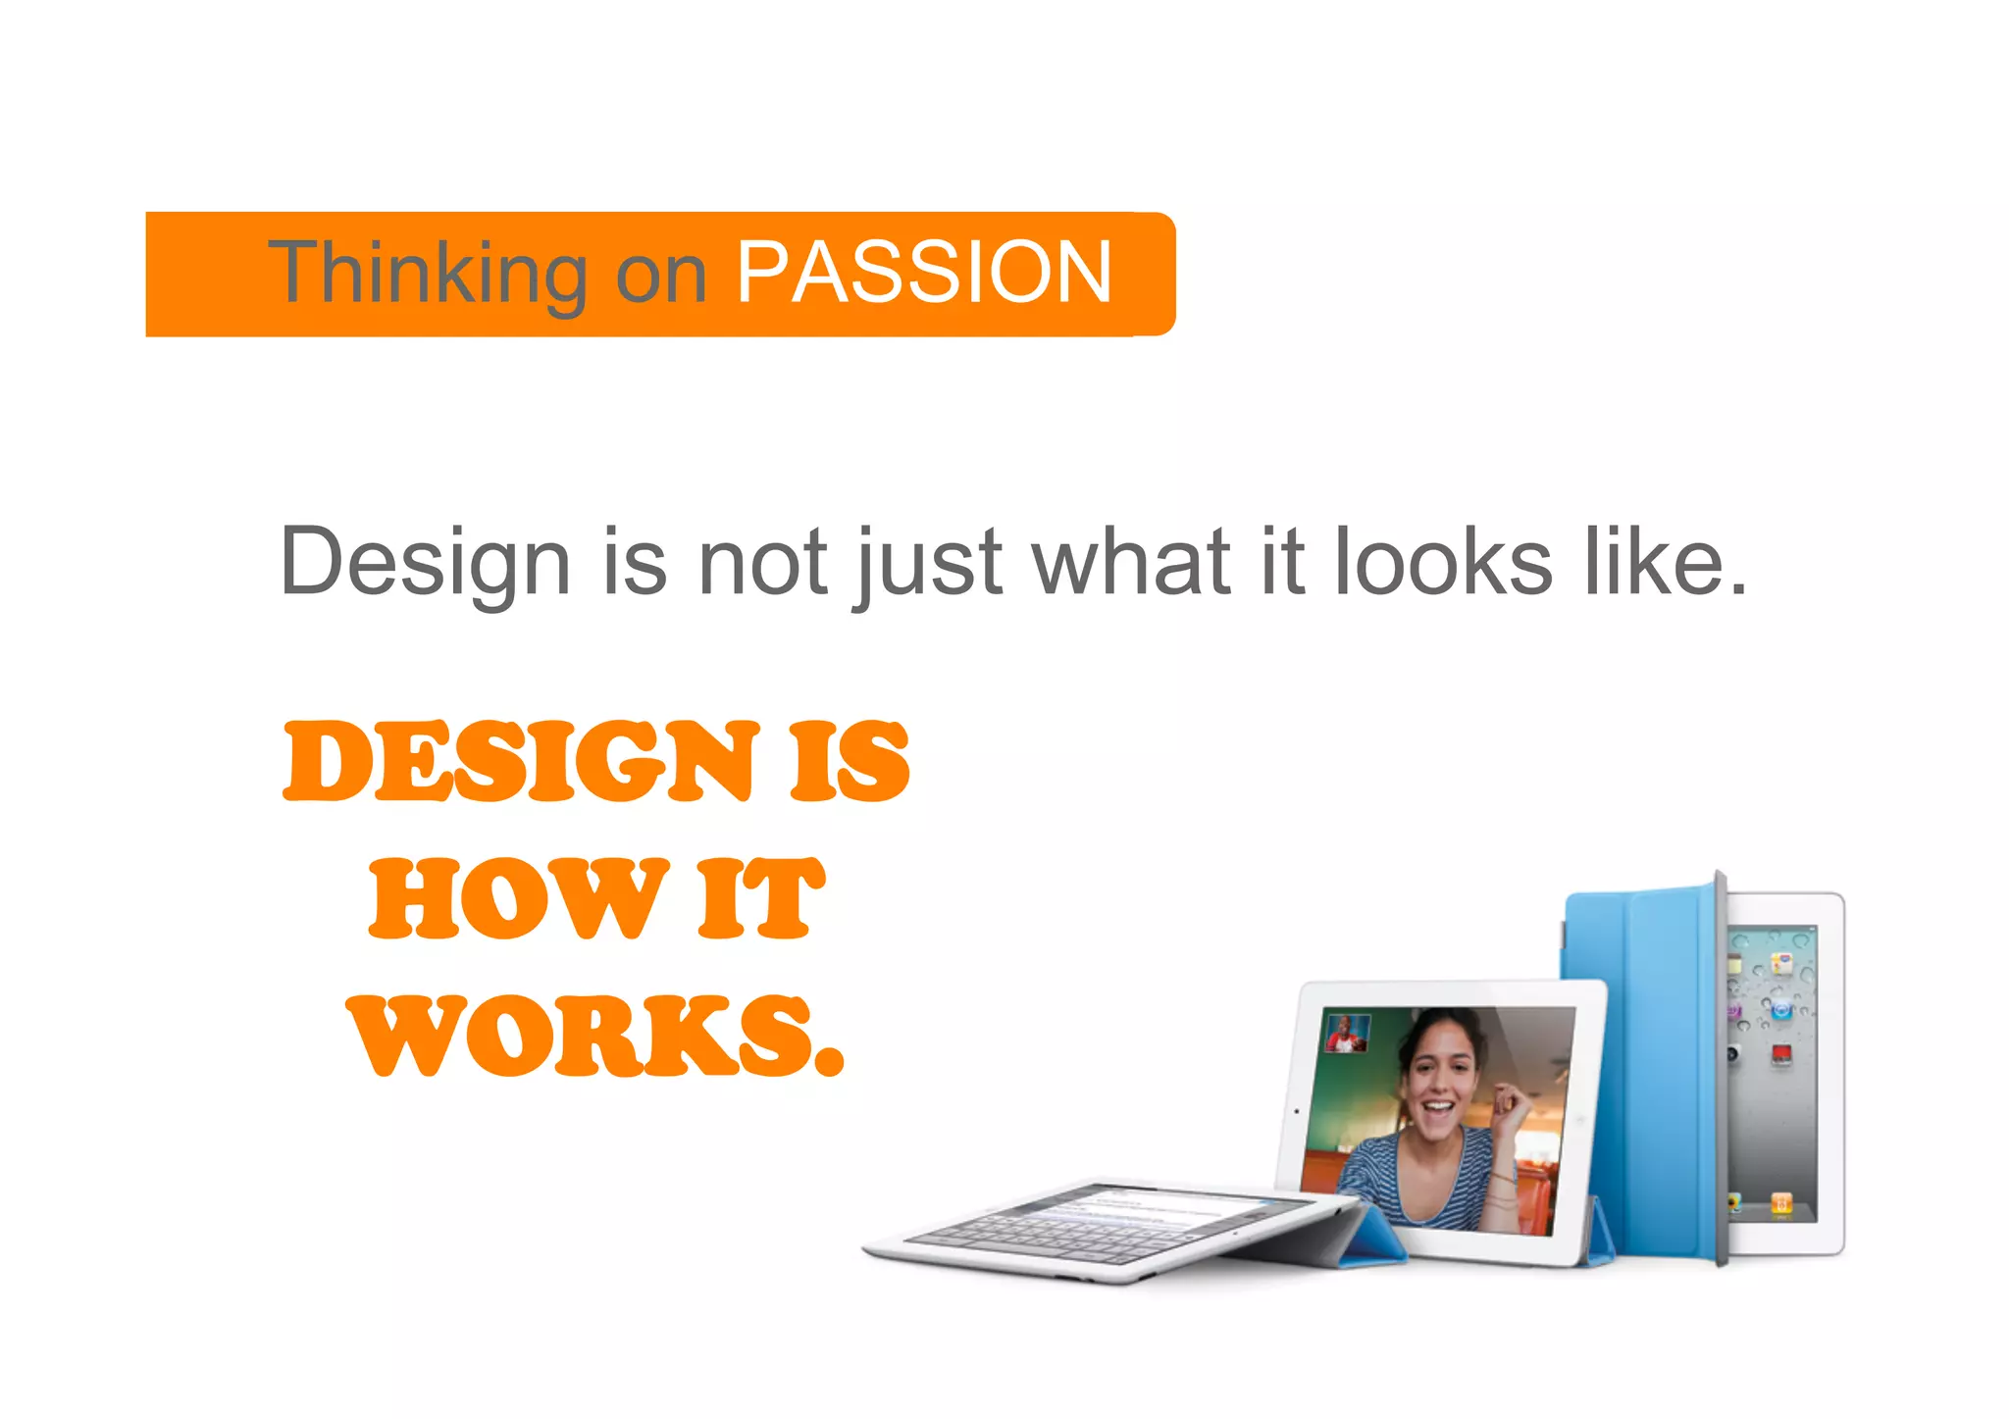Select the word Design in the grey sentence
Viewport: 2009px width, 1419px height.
pyautogui.click(x=425, y=563)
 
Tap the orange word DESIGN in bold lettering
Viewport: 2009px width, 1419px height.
pyautogui.click(x=521, y=760)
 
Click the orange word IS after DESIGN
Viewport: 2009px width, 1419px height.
pyautogui.click(x=850, y=760)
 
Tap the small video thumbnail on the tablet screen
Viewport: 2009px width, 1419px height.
pyautogui.click(x=1347, y=1033)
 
